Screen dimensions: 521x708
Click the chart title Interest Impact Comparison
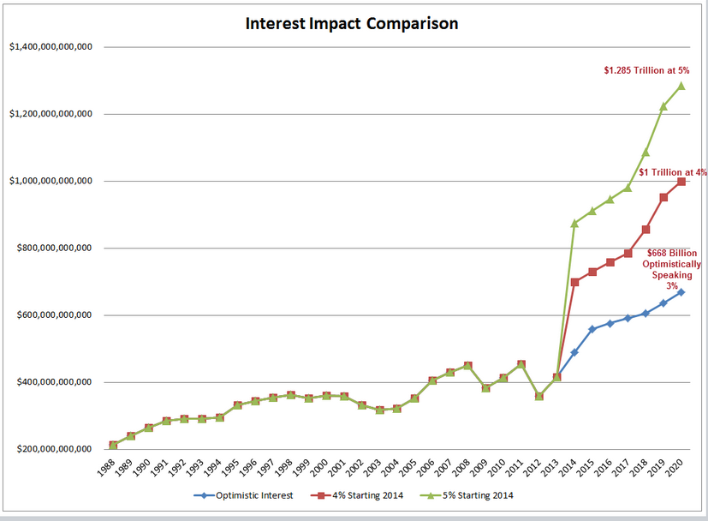point(352,23)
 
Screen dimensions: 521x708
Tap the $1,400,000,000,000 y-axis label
point(51,46)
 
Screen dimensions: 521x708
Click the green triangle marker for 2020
point(681,85)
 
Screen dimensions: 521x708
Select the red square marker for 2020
point(681,182)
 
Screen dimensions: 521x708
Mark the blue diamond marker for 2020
point(681,292)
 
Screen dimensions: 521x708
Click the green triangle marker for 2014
point(574,223)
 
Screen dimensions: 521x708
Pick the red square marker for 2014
point(574,282)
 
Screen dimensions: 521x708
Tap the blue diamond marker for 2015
point(592,329)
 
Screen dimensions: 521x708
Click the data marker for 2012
point(539,397)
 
